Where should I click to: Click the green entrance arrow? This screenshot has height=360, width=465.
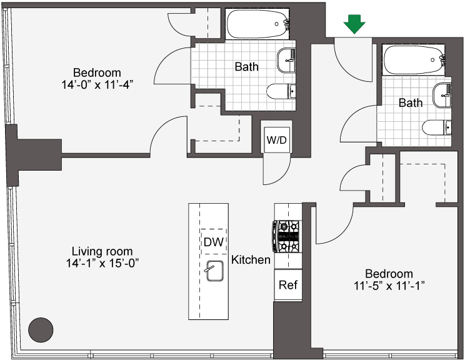(354, 24)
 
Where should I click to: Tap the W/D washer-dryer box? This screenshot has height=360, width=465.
(277, 140)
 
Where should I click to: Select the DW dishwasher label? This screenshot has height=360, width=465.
(214, 242)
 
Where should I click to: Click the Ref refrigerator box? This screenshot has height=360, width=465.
(288, 285)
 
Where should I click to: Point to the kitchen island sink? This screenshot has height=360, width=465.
(215, 271)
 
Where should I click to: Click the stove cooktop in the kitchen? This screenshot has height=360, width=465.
(286, 236)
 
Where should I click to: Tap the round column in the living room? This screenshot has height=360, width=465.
(41, 330)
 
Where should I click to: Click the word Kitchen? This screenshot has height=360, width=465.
(251, 260)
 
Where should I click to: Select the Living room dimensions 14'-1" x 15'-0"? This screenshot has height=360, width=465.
(102, 263)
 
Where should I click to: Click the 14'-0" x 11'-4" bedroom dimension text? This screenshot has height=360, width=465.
(96, 85)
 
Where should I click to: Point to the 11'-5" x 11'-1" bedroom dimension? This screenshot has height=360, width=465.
(389, 286)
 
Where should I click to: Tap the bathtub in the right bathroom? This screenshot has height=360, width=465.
(413, 59)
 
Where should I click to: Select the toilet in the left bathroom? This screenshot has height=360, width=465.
(281, 91)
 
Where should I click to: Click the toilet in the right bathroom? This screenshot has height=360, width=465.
(436, 127)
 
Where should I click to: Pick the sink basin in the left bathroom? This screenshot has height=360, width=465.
(286, 60)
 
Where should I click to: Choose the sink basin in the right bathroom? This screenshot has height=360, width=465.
(442, 95)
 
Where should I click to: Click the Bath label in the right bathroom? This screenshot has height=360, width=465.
(411, 103)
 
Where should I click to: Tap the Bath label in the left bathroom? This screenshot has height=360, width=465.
(246, 67)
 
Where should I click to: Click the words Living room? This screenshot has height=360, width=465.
(102, 251)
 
